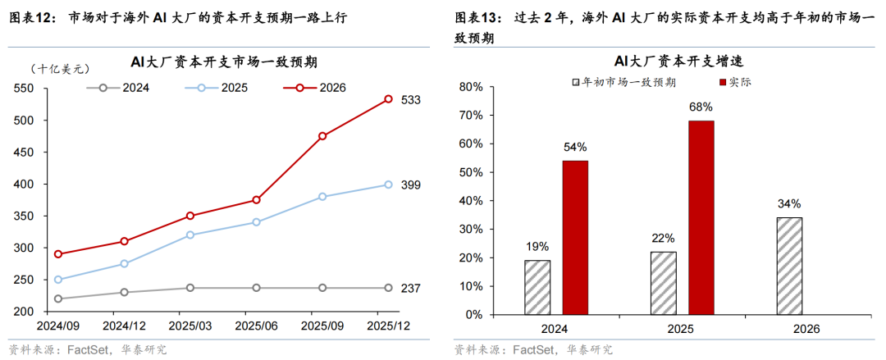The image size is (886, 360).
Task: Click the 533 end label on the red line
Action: [x=411, y=100]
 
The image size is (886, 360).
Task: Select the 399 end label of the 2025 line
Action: [x=411, y=185]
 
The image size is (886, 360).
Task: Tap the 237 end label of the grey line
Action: [x=411, y=288]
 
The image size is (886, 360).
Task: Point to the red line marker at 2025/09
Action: [x=322, y=136]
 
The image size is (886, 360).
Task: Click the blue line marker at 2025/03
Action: [x=190, y=235]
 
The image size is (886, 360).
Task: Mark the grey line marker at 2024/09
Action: [x=57, y=298]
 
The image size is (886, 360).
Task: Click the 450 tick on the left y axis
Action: [x=24, y=152]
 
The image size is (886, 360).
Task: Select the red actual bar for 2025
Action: [x=701, y=217]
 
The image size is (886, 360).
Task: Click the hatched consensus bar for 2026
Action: [x=788, y=266]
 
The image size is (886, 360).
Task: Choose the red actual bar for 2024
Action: [x=574, y=237]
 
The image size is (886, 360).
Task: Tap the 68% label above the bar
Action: [x=701, y=107]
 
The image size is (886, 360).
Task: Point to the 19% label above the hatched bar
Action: [x=537, y=246]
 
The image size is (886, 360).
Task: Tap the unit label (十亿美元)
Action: [x=58, y=71]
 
